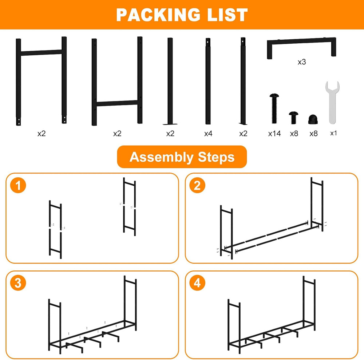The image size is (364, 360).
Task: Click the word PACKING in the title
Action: pos(158,15)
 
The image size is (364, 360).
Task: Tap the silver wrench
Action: pos(332,102)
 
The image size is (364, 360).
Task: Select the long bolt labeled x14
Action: pos(274,108)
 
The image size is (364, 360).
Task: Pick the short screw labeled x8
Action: pos(294,118)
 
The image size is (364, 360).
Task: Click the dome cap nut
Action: pos(313,119)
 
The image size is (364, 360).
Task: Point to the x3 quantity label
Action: pos(302,62)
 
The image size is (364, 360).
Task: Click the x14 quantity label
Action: pos(274,134)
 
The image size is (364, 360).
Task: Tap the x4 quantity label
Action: pos(208,134)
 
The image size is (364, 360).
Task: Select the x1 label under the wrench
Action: pos(333,133)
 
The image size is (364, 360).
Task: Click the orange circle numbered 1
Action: pos(18,185)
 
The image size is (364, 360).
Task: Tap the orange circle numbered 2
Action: pos(197,185)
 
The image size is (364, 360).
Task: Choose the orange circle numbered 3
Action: pos(18,283)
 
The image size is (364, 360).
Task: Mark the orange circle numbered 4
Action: pos(197,283)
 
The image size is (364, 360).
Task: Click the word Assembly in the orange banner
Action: pos(161,157)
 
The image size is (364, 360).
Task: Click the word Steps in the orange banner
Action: pos(216,157)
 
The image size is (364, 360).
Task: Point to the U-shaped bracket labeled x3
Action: pos(301,41)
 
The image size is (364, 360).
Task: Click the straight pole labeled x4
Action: pos(208,81)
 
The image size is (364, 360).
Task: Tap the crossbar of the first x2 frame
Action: pos(41,52)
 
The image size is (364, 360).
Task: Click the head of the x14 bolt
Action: pos(274,95)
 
